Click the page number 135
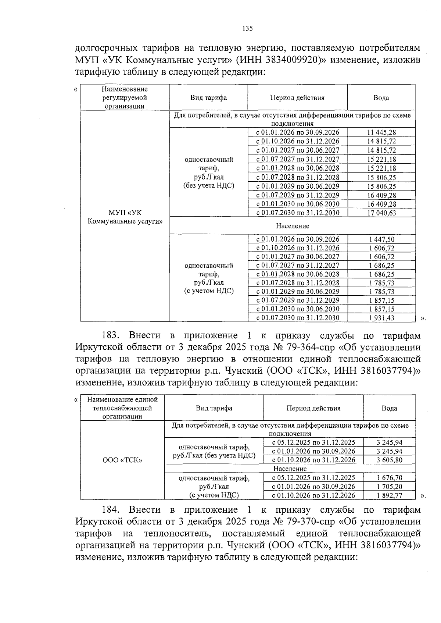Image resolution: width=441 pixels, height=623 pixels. coord(248,29)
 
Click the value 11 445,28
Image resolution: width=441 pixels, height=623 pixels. coord(381,132)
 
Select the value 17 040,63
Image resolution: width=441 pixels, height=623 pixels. coord(381,213)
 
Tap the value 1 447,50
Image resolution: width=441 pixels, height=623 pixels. coord(381,239)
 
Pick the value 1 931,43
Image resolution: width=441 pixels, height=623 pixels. coord(381,318)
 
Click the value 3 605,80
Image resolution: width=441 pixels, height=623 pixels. coord(389,460)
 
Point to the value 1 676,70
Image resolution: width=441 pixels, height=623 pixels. coord(389,478)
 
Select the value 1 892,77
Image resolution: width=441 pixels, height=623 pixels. coord(389,495)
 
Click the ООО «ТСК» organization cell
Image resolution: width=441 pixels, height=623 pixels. coord(122,460)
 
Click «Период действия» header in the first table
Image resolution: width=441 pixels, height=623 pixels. coord(297,98)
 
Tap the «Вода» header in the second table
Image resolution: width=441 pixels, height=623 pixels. coord(389,408)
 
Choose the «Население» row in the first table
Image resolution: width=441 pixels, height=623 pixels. coord(292,226)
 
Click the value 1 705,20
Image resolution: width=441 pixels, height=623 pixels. coord(389,487)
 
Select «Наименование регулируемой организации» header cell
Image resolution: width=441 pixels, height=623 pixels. coord(125,98)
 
